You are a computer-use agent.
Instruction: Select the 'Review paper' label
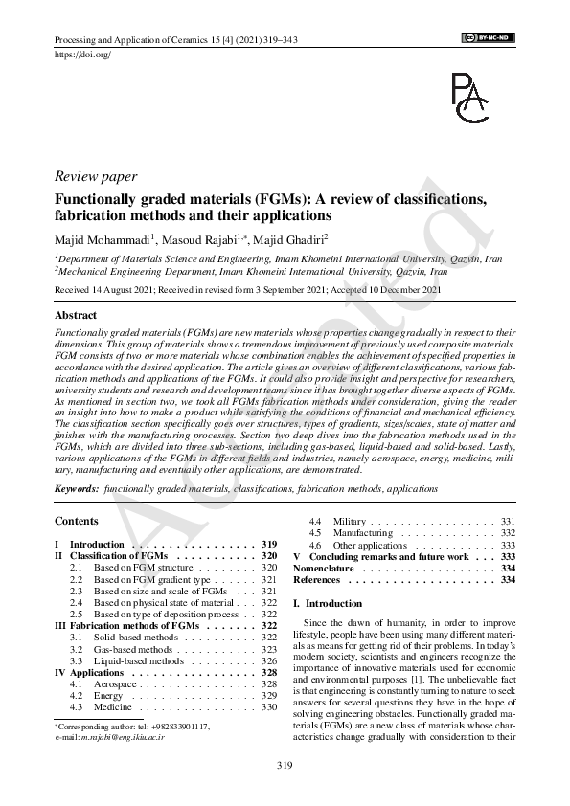point(96,177)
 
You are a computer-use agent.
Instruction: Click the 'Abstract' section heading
point(76,315)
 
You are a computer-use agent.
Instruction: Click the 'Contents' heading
point(76,521)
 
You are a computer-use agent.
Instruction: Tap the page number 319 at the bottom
point(285,764)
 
